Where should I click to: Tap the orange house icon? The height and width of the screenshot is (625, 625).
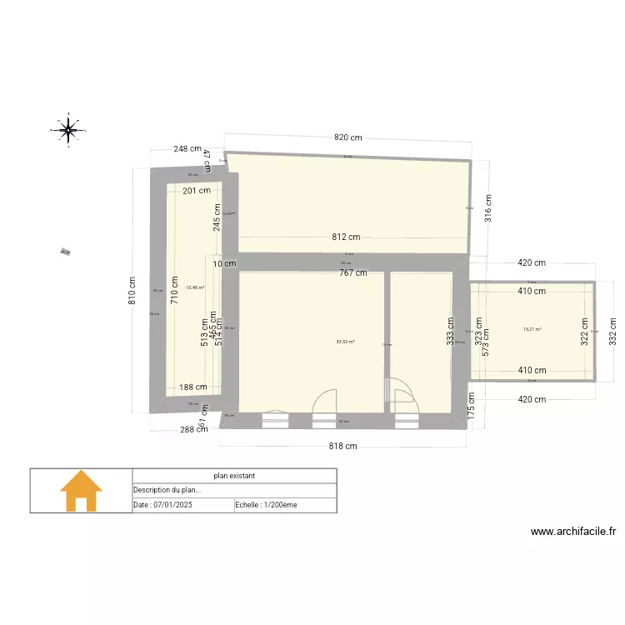(81, 491)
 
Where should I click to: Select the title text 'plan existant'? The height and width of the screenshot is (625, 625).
(234, 476)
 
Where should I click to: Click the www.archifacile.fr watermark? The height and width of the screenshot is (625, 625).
(572, 532)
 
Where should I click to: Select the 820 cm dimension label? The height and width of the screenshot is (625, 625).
(348, 137)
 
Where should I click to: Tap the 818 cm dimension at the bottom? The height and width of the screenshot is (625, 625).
(342, 447)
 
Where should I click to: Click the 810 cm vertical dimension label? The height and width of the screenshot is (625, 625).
(132, 291)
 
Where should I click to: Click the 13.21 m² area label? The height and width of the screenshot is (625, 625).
(532, 329)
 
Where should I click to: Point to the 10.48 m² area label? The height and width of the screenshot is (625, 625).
(195, 287)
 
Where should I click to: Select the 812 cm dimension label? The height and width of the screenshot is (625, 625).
(346, 237)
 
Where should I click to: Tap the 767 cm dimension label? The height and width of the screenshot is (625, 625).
(352, 272)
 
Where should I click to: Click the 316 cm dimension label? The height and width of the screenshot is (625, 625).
(488, 208)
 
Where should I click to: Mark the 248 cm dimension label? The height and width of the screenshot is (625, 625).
(188, 149)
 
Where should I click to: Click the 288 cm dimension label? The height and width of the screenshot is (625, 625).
(194, 430)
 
